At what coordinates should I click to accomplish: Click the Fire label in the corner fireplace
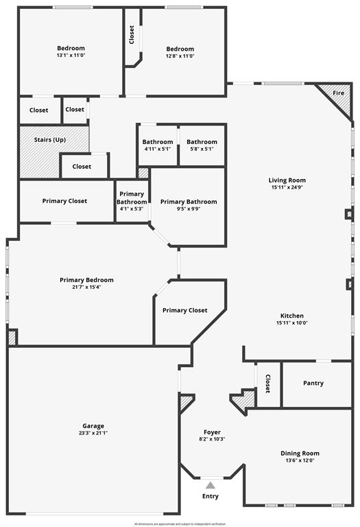click(339, 93)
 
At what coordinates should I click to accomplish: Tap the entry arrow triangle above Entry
click(211, 485)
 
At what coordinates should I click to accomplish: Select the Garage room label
click(94, 425)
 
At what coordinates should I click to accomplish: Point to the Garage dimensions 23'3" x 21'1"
click(94, 433)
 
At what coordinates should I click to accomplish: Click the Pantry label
click(313, 383)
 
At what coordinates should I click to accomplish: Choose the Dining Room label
click(300, 453)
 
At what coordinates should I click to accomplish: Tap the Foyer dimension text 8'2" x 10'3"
click(212, 439)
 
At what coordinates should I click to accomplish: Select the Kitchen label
click(292, 316)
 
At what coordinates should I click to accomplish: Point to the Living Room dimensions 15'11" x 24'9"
click(287, 187)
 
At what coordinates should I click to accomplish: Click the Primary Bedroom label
click(86, 280)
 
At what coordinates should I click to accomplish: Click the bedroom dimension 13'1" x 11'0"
click(71, 56)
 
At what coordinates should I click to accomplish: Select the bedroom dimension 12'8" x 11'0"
click(180, 56)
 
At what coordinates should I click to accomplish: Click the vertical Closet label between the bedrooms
click(132, 34)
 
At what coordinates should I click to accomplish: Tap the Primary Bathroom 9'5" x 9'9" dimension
click(189, 209)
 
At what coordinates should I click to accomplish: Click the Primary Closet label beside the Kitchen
click(185, 310)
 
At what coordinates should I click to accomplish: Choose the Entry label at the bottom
click(211, 496)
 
